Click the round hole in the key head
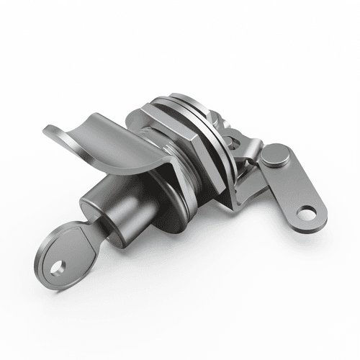pos(57,267)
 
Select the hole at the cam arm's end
pos(307,212)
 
